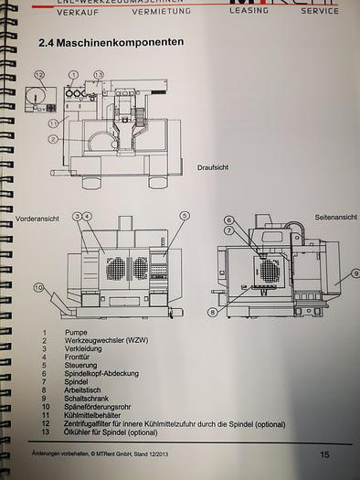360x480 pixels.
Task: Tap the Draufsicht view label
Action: (213, 167)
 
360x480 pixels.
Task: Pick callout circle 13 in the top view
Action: (99, 73)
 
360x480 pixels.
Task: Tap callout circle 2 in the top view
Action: (54, 139)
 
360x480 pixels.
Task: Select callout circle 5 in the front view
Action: (184, 217)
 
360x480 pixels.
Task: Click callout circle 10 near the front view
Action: (38, 287)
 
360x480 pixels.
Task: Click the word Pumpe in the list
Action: (76, 334)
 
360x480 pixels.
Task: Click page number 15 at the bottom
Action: (325, 454)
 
